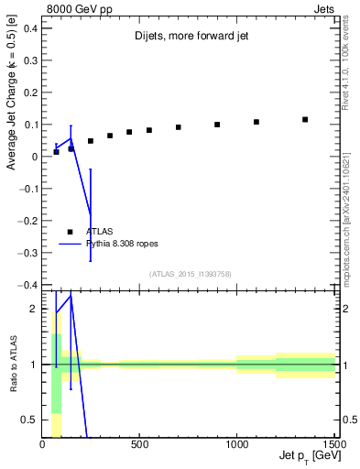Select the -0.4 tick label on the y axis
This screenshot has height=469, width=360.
click(x=27, y=285)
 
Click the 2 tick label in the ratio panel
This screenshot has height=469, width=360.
click(x=33, y=310)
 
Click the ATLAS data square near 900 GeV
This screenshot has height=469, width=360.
click(x=217, y=125)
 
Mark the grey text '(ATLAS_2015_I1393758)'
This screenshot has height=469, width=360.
click(x=189, y=273)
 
